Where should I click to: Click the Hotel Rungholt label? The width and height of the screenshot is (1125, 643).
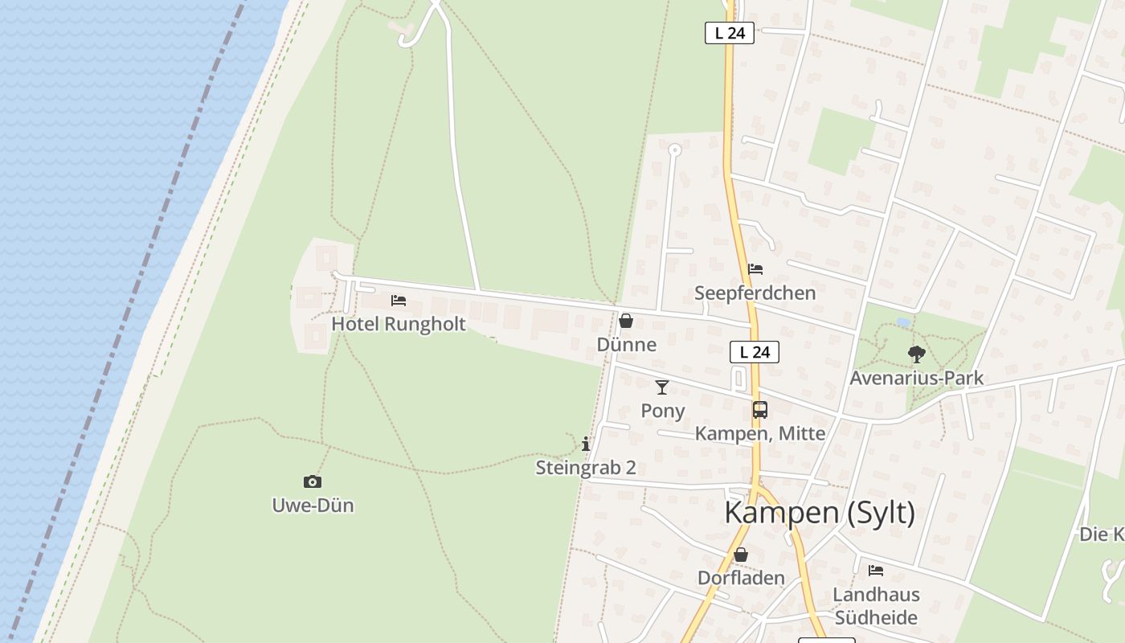[399, 324]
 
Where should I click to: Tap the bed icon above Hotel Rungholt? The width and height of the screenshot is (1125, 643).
[399, 301]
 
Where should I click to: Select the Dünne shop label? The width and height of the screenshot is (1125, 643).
[626, 345]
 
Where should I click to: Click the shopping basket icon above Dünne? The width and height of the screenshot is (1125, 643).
[626, 321]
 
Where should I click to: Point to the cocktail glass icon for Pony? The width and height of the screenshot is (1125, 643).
[662, 387]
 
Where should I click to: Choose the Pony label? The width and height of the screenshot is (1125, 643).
[663, 411]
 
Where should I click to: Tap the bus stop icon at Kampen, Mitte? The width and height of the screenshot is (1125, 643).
[760, 410]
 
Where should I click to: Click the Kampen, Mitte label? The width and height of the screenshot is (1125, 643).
[759, 433]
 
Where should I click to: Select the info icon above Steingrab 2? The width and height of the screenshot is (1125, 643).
[586, 444]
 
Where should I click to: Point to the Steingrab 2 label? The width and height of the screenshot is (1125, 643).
[586, 467]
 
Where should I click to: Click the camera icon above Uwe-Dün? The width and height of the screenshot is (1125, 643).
[313, 482]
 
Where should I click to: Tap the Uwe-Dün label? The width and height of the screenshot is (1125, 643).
[313, 506]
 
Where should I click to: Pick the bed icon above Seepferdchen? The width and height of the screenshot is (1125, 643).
[755, 269]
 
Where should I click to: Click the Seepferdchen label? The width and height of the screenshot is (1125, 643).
[755, 293]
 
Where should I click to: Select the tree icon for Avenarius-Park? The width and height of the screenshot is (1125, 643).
[917, 354]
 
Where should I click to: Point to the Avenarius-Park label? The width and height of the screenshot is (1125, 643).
[917, 378]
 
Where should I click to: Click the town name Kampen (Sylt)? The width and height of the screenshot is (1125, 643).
[820, 512]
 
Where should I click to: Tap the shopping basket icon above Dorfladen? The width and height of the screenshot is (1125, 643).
[741, 555]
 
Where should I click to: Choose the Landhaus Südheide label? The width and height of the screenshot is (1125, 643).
[876, 606]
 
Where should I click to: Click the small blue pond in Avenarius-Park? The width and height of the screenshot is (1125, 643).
[903, 322]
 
